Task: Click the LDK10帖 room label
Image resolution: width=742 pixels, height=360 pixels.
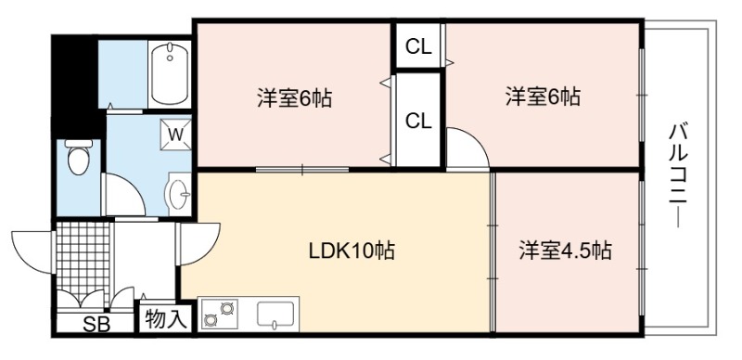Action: [x=352, y=251]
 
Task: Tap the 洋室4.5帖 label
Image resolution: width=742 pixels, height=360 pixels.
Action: [x=566, y=251]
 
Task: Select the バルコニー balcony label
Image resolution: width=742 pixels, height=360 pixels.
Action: [x=678, y=175]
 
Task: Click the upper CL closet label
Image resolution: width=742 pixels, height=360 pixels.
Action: [x=419, y=47]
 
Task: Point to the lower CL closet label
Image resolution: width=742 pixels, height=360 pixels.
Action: [x=419, y=122]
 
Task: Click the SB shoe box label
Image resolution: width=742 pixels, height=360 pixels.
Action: [x=96, y=325]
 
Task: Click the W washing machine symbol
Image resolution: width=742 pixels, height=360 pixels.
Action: [x=175, y=135]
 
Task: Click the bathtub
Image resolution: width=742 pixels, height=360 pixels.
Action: [x=170, y=73]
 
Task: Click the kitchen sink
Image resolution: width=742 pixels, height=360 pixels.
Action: [x=275, y=315]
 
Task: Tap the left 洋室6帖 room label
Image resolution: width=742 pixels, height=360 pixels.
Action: [x=294, y=98]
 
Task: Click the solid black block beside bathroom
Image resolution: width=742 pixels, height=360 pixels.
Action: [x=75, y=86]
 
